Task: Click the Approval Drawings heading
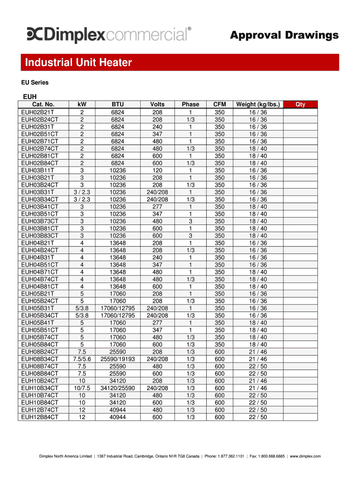click(x=284, y=36)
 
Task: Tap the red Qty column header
click(x=300, y=104)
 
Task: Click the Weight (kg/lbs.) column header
click(x=258, y=104)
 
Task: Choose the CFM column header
click(x=219, y=104)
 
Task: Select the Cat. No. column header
click(x=43, y=104)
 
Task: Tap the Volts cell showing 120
click(x=157, y=170)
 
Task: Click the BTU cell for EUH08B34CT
click(x=118, y=359)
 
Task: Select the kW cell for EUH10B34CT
click(x=82, y=388)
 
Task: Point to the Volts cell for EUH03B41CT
click(x=157, y=207)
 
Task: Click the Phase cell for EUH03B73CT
click(x=190, y=221)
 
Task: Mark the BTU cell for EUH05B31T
click(x=118, y=308)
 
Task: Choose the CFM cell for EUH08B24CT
click(x=219, y=352)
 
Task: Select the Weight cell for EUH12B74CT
click(x=258, y=410)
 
